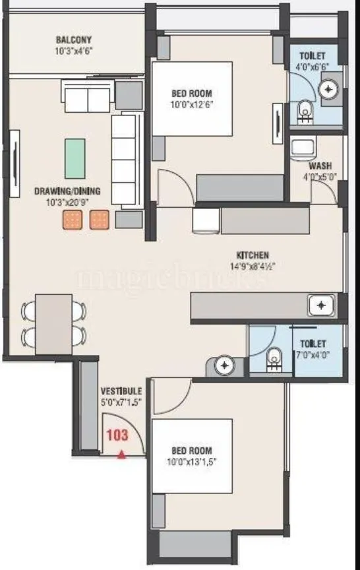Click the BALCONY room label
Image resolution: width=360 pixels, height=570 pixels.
[x=73, y=39]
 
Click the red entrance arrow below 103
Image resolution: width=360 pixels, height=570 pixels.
[x=121, y=454]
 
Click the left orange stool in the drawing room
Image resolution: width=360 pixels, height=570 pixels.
[x=72, y=220]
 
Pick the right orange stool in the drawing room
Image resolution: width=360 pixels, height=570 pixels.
[x=99, y=220]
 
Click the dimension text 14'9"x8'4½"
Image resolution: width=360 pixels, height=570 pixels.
[x=253, y=267]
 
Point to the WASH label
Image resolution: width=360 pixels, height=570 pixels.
[x=320, y=166]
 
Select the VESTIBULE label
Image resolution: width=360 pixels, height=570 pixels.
[x=121, y=391]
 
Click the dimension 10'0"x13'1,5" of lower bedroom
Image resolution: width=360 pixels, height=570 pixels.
[x=193, y=461]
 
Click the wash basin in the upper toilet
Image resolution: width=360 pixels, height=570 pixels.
[x=328, y=87]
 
